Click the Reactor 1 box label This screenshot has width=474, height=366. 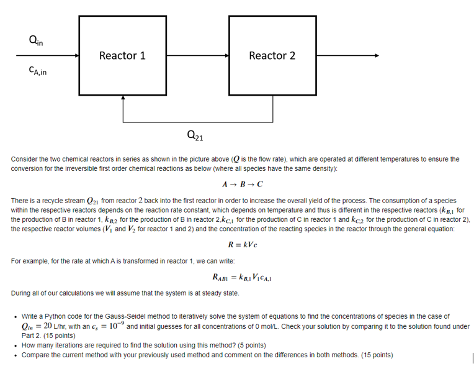pyautogui.click(x=122, y=56)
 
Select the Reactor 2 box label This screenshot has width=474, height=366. pyautogui.click(x=272, y=56)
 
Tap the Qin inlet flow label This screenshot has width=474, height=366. pyautogui.click(x=35, y=42)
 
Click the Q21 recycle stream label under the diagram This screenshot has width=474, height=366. pyautogui.click(x=194, y=135)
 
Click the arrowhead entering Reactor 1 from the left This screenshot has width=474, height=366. pyautogui.click(x=76, y=56)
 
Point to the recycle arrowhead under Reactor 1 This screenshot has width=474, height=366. pyautogui.click(x=123, y=101)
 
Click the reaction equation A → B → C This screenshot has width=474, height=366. pyautogui.click(x=242, y=185)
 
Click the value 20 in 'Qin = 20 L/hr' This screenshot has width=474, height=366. pyautogui.click(x=47, y=326)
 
